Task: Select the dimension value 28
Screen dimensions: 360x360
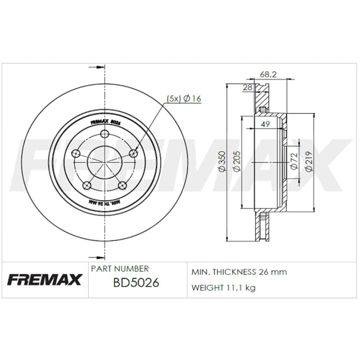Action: (247, 87)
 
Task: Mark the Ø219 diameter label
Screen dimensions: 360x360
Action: (309, 162)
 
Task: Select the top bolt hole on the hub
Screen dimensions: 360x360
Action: (104, 134)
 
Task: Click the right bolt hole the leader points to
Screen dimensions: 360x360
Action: (134, 153)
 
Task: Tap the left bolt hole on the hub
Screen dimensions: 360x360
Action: (76, 153)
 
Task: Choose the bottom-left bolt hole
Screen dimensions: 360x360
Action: (87, 185)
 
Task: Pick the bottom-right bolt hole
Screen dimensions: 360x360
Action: (123, 185)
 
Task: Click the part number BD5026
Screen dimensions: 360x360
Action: (131, 283)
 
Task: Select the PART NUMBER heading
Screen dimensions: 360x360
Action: (120, 269)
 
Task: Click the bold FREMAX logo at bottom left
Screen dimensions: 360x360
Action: (45, 280)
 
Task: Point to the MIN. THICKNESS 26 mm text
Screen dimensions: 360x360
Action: (239, 272)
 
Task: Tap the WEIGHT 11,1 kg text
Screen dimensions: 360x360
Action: (223, 288)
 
